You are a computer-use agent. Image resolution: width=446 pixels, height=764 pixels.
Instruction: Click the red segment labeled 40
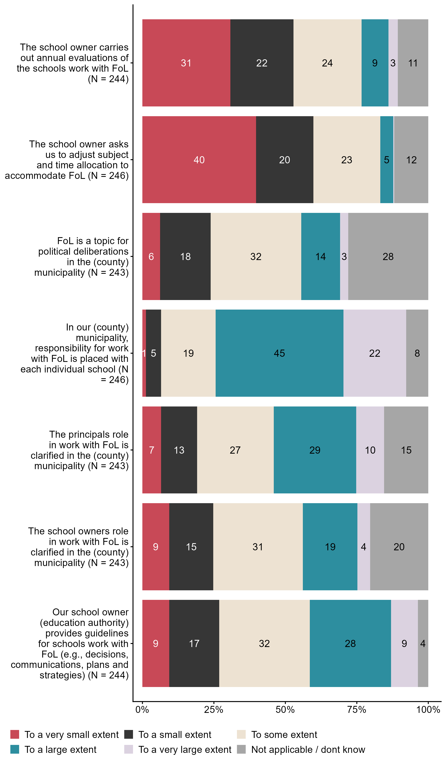point(199,160)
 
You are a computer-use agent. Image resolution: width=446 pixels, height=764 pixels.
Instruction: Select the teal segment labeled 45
point(279,353)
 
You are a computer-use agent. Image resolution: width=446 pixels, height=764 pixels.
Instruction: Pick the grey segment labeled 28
point(388,256)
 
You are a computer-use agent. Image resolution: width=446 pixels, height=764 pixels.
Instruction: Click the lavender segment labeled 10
point(370,450)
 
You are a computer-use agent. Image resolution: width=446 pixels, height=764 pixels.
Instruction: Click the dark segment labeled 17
point(194,643)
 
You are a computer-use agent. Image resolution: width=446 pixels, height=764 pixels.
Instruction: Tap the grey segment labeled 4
point(423,643)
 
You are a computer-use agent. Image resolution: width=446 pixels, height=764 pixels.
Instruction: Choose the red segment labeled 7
point(151,450)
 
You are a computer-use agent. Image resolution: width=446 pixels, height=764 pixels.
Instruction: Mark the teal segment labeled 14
point(320,256)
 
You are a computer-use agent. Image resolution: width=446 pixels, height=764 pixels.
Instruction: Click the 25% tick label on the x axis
point(214,710)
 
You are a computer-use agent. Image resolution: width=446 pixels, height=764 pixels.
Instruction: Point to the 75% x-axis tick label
point(356,710)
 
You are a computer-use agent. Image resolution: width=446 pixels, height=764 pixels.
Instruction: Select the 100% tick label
point(428,710)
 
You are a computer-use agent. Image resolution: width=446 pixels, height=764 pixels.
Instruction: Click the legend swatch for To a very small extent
point(15,735)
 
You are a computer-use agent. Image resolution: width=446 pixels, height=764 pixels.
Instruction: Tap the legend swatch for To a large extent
point(15,749)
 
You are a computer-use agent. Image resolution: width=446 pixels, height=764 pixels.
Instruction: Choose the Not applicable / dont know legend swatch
point(241,749)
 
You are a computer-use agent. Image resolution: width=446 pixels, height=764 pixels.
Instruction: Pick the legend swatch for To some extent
point(241,735)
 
